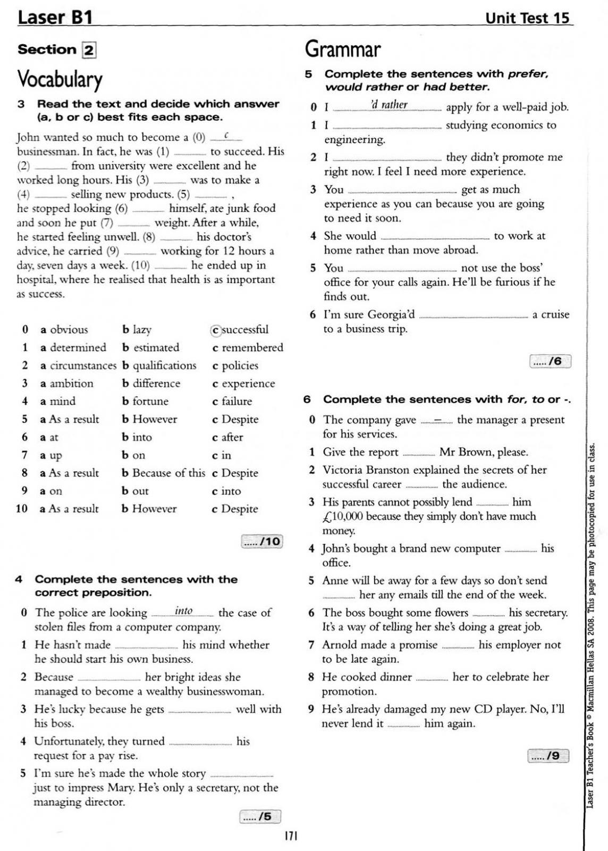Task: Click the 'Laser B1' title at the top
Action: click(55, 18)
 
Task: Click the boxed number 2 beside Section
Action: click(89, 51)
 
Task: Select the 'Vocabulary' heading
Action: click(60, 79)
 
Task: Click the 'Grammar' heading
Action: click(343, 49)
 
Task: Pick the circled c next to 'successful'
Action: click(215, 330)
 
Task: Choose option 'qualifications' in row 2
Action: click(164, 366)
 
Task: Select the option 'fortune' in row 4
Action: click(150, 402)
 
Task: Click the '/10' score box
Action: click(262, 541)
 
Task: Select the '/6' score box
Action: click(550, 362)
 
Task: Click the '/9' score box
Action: click(548, 756)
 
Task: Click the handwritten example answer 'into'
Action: click(184, 611)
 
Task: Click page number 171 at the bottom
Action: click(291, 836)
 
